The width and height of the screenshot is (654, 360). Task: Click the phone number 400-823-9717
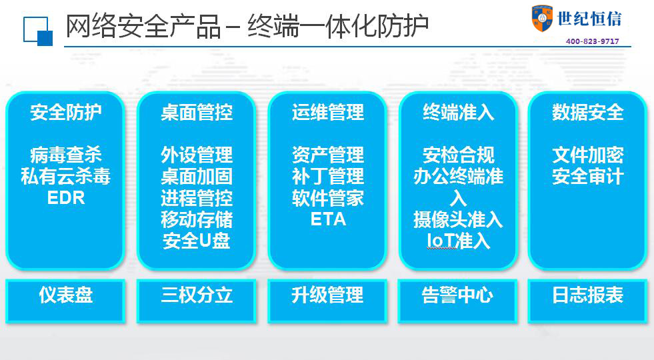click(x=592, y=41)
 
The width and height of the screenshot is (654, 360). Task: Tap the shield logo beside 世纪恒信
click(x=542, y=18)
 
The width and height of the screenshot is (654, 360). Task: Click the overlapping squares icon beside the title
click(x=38, y=31)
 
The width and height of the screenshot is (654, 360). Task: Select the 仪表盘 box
click(x=65, y=301)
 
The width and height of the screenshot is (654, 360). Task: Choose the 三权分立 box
click(x=197, y=301)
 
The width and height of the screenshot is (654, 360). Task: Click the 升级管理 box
click(x=327, y=301)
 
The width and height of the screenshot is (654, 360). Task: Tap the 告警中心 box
click(x=457, y=301)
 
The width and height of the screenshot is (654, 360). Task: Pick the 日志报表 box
click(x=588, y=301)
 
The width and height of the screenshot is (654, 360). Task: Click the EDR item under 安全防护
click(x=66, y=198)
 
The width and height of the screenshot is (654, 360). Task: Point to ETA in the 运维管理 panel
click(x=328, y=219)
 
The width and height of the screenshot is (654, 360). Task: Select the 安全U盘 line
click(x=197, y=241)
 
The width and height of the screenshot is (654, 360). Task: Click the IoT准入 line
click(x=458, y=241)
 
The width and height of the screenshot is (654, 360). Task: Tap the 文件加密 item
click(x=588, y=155)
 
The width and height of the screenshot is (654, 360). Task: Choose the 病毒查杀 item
click(x=66, y=155)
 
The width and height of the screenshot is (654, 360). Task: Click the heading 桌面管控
click(x=197, y=112)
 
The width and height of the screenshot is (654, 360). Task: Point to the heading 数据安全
click(x=588, y=112)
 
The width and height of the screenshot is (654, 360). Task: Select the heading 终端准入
click(x=458, y=112)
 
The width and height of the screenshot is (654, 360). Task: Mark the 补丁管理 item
click(x=328, y=177)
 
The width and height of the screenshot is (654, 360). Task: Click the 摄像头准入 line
click(x=458, y=219)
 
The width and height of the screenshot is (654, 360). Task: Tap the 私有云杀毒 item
click(x=66, y=177)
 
